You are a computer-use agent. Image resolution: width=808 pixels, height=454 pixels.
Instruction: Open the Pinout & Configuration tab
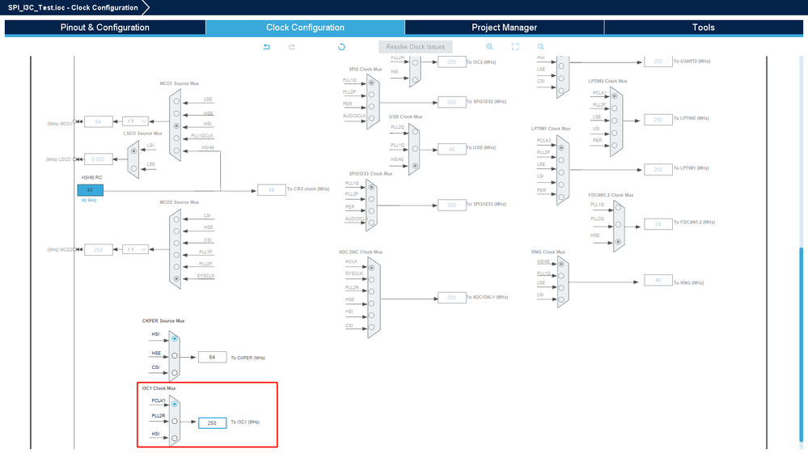pyautogui.click(x=105, y=28)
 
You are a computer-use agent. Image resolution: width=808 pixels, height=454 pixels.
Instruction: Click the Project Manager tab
pyautogui.click(x=504, y=28)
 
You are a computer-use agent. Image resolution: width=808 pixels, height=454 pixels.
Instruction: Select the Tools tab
pyautogui.click(x=703, y=28)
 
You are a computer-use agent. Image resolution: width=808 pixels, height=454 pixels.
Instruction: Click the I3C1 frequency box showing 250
pyautogui.click(x=212, y=422)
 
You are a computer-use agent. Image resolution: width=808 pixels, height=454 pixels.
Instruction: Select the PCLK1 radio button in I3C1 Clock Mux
pyautogui.click(x=175, y=404)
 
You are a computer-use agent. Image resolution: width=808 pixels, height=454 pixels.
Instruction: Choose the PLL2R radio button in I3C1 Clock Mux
pyautogui.click(x=175, y=421)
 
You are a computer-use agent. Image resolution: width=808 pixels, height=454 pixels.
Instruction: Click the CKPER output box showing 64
pyautogui.click(x=212, y=357)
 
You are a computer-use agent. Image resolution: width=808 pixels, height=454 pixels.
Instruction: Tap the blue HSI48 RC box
pyautogui.click(x=90, y=190)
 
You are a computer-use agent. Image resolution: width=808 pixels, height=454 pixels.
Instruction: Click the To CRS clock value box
pyautogui.click(x=272, y=190)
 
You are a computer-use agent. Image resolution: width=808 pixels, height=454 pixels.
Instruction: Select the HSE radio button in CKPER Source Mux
pyautogui.click(x=175, y=355)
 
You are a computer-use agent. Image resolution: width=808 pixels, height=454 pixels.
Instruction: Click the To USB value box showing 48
pyautogui.click(x=451, y=149)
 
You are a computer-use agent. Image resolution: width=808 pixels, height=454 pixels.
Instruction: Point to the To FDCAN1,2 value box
pyautogui.click(x=658, y=223)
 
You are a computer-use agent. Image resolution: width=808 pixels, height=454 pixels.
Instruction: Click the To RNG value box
pyautogui.click(x=658, y=281)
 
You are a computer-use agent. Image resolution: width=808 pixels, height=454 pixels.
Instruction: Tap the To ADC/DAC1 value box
pyautogui.click(x=451, y=298)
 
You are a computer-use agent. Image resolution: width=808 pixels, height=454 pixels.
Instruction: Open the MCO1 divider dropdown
pyautogui.click(x=135, y=122)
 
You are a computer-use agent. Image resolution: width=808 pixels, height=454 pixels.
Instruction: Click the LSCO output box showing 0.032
pyautogui.click(x=99, y=159)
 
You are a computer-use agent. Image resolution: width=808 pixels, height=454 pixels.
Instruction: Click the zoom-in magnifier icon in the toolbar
pyautogui.click(x=489, y=47)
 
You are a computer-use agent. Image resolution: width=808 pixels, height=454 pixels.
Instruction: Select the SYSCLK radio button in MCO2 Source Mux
pyautogui.click(x=176, y=278)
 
